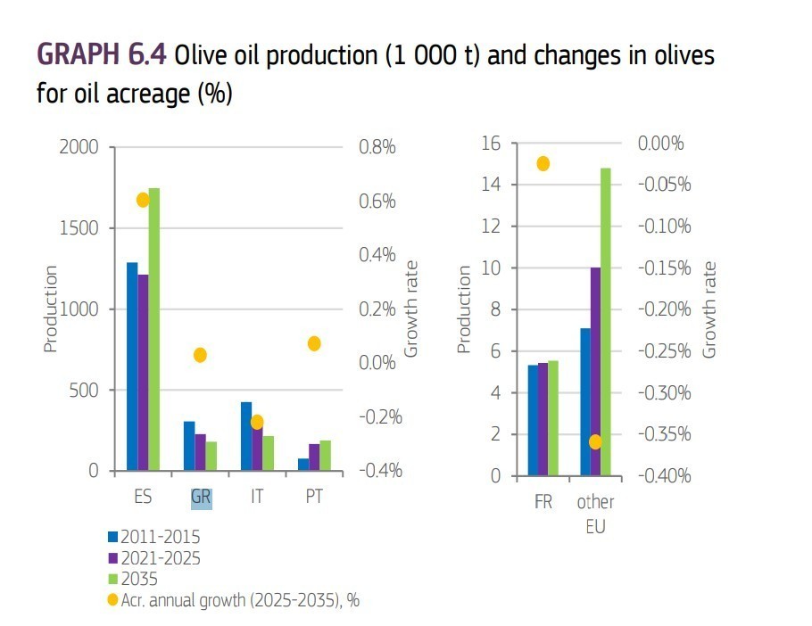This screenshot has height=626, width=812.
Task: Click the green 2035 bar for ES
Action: (154, 329)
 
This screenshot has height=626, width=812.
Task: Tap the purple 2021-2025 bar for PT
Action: (314, 457)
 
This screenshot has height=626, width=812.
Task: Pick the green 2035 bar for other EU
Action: (606, 321)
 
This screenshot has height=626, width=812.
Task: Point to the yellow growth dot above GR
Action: (200, 355)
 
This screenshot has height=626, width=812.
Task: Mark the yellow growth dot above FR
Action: (543, 163)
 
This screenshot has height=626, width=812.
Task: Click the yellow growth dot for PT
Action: (314, 343)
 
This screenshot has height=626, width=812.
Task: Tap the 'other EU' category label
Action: (595, 514)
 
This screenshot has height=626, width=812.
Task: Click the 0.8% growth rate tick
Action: (377, 147)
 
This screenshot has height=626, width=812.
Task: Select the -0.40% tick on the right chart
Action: (663, 475)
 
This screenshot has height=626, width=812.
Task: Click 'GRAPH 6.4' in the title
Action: (101, 55)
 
